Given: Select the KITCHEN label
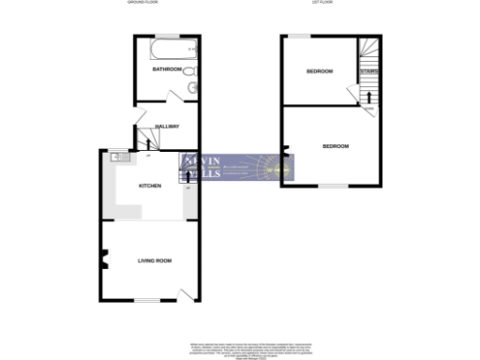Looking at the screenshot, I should (x=150, y=186).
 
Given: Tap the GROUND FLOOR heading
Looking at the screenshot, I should (x=142, y=4).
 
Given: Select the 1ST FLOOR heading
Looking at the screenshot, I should (x=323, y=4).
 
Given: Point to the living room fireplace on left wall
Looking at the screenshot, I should (x=103, y=260).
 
